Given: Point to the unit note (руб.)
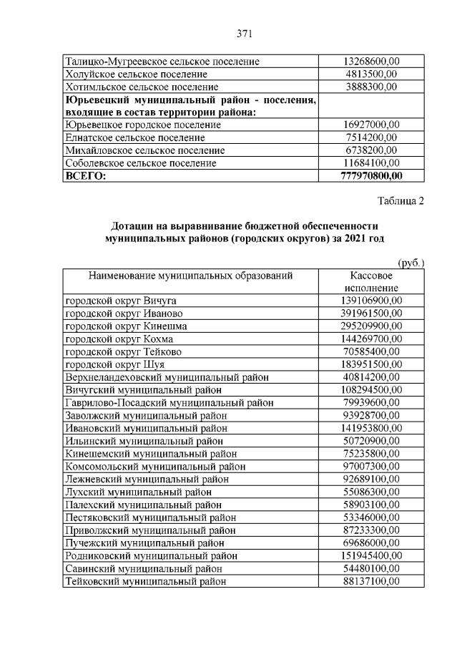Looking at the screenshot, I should pos(411,263).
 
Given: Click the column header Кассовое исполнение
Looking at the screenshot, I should pos(371,281).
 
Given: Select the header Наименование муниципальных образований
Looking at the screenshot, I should pos(191,275).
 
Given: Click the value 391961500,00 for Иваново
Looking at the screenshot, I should pos(371,313).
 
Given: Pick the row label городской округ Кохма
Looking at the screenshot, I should pos(119,339).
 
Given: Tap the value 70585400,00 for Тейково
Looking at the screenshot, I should pos(371,351).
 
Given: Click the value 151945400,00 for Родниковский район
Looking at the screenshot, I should pos(371,555).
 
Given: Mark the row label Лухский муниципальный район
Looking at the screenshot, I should pos(138,492).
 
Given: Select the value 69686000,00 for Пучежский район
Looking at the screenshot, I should pos(371,543).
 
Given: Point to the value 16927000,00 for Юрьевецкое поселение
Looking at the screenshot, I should pos(371,125).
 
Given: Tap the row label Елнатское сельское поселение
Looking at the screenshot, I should pos(134,137).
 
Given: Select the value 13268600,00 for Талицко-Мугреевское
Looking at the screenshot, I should pos(371,61).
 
